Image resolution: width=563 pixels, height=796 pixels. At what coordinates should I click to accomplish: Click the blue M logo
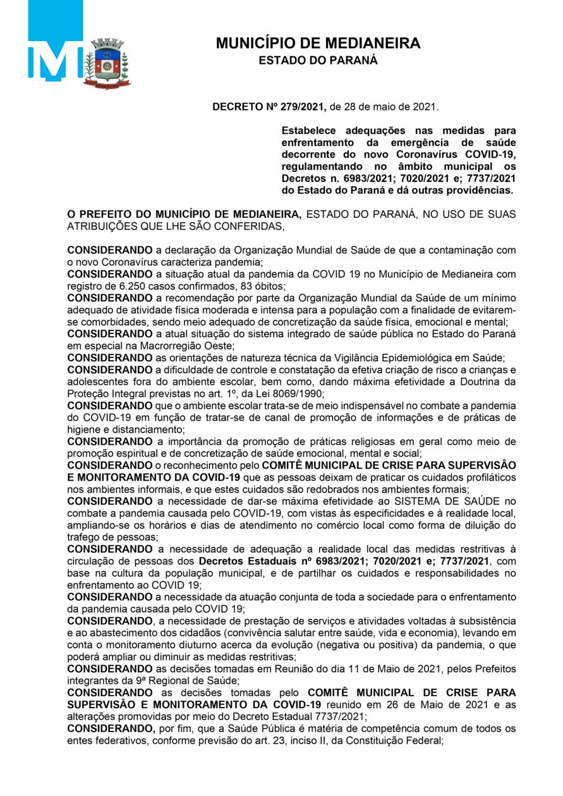click(x=56, y=61)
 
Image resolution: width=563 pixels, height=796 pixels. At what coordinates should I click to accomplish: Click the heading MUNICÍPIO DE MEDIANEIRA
click(x=318, y=44)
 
